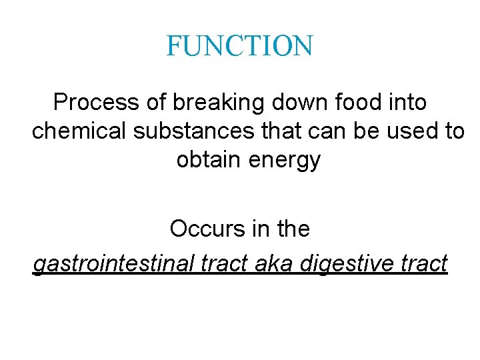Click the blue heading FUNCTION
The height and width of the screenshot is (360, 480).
coord(239,46)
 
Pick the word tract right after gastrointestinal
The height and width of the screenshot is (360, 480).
coord(217,264)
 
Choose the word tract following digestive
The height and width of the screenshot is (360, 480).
coord(424,264)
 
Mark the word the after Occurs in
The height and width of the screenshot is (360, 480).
coord(293,229)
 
